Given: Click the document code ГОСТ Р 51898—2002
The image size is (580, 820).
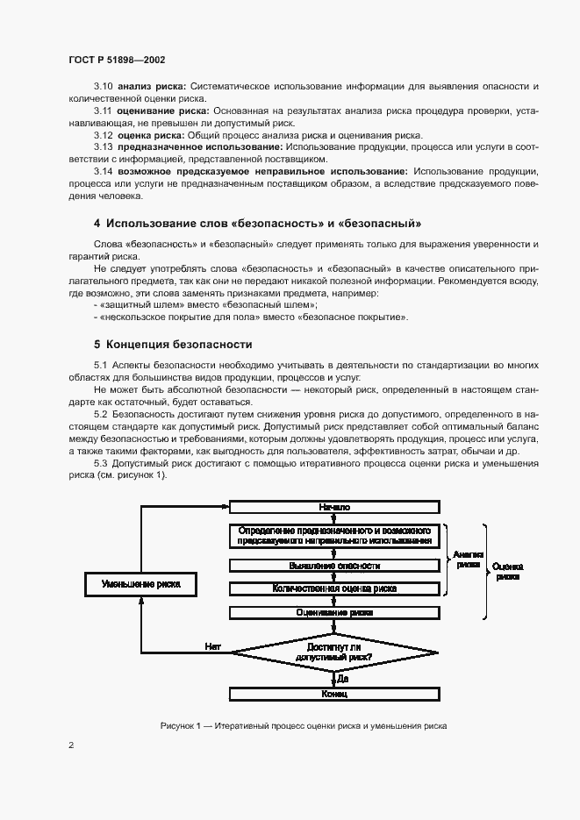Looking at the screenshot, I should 117,60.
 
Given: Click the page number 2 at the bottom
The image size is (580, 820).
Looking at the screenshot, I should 71,745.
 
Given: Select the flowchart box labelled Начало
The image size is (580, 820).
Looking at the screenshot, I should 334,507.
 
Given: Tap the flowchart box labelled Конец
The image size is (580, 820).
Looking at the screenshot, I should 334,694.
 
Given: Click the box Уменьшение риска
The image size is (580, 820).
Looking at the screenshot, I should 141,583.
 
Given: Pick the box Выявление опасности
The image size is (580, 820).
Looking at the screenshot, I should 334,567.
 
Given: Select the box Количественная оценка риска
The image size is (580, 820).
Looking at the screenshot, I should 334,588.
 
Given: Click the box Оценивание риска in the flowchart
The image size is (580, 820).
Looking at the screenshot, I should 334,612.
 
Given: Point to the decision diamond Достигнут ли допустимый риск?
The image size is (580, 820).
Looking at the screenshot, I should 334,651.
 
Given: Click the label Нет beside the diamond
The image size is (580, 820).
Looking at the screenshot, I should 212,645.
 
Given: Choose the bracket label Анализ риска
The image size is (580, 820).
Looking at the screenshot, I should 469,560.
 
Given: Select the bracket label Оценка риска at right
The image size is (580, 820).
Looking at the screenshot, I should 507,572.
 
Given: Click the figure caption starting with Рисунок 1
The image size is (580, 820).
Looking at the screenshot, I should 304,725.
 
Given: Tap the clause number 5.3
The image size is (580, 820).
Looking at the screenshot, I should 100,462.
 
